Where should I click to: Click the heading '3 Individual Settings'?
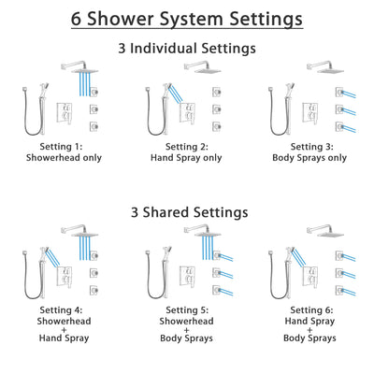186,47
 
